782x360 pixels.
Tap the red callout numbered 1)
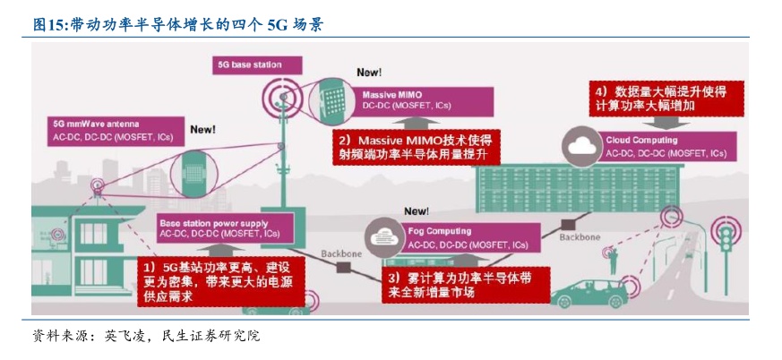tap(219, 279)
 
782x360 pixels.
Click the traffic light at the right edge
tap(723, 243)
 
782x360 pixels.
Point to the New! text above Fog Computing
tap(417, 211)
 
